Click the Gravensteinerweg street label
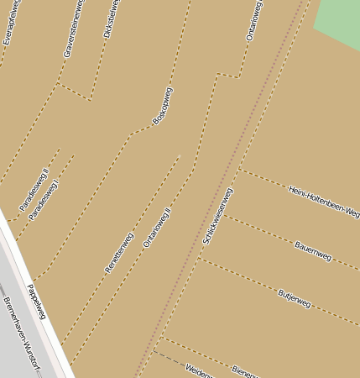(x=74, y=29)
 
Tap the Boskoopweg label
(x=162, y=106)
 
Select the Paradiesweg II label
(x=34, y=189)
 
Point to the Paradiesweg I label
(x=44, y=200)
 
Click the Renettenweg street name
(x=118, y=252)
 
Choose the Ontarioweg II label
(x=157, y=227)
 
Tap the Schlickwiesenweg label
(x=217, y=216)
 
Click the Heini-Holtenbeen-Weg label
(x=324, y=201)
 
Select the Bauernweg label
(x=313, y=250)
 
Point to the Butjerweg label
(x=294, y=298)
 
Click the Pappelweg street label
(x=36, y=301)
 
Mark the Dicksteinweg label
(x=111, y=18)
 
